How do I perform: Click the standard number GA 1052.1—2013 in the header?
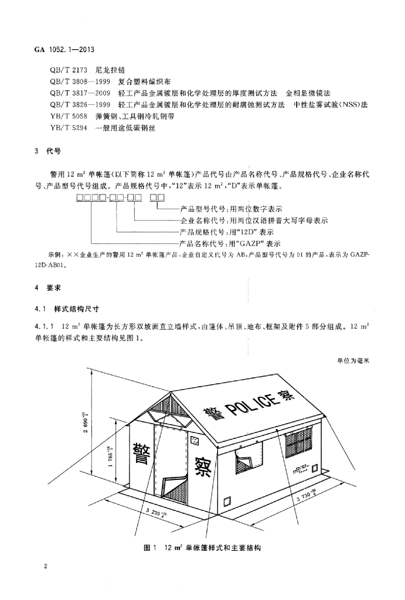59,50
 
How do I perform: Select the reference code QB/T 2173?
69,70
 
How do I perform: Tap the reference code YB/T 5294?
69,128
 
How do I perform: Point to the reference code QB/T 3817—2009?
80,93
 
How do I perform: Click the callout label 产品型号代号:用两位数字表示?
231,209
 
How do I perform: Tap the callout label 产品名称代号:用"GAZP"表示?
230,243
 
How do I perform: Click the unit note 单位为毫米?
353,360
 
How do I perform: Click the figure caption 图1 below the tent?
148,548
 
